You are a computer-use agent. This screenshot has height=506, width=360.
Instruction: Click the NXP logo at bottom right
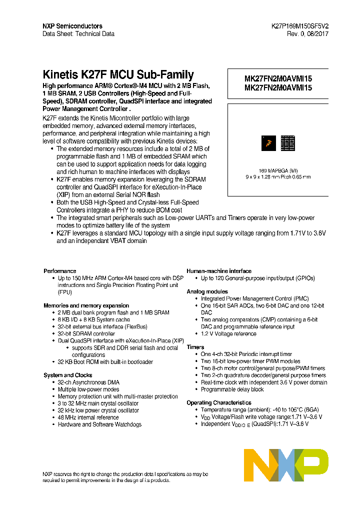coord(286,465)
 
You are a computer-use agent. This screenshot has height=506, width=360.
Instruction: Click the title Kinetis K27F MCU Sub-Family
coord(118,75)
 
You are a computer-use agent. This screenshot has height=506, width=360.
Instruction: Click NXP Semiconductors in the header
coord(72,26)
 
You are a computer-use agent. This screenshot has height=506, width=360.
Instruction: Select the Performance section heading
coord(59,271)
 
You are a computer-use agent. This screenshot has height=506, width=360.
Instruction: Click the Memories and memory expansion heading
coord(86,305)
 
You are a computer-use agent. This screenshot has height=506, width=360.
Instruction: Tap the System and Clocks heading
coord(67,375)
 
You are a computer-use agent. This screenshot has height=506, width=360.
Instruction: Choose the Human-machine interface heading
coord(219,271)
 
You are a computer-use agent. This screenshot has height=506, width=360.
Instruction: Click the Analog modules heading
coord(207,291)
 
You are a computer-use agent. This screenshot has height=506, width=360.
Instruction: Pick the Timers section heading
coord(195,347)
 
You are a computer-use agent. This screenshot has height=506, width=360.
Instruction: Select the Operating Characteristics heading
coord(219,402)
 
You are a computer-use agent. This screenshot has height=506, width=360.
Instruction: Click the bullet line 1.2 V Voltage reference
coord(228,333)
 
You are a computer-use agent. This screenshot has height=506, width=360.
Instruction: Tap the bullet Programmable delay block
coord(232,389)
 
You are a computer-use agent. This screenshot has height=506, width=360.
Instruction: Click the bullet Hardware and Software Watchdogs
coord(99,424)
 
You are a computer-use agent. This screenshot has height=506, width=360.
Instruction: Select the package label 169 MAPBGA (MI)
coord(278,170)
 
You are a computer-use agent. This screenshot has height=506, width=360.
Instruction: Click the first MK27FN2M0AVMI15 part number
coord(278,79)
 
